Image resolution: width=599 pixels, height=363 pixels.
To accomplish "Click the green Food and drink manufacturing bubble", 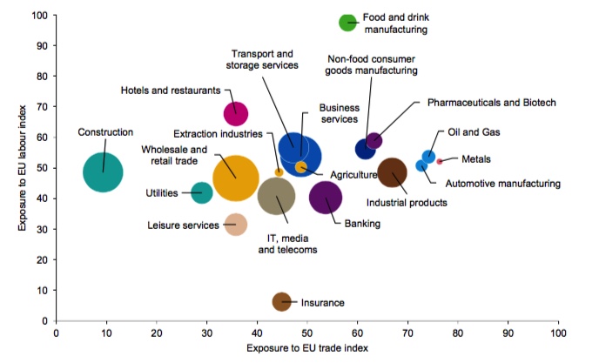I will point(348,24).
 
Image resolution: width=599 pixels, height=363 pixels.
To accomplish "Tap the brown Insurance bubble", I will point(282,301).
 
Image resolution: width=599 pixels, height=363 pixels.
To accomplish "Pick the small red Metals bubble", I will point(440,161).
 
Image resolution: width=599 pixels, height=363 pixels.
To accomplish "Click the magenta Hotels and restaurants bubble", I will point(236,114).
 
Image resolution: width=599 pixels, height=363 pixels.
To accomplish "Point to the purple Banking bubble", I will point(326,198).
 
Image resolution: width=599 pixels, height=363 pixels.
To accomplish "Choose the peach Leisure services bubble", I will point(235,225).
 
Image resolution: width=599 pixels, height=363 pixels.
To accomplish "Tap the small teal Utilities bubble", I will point(202,192).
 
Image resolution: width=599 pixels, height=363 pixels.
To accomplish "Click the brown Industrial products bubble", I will point(393,172).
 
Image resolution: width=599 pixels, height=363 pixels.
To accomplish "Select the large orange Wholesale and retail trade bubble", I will point(236,179).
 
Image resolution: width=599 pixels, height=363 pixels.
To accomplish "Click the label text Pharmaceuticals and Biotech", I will point(491,103).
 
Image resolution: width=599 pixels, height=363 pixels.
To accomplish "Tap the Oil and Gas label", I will point(472,132).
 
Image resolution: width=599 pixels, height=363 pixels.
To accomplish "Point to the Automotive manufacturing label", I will point(502,184).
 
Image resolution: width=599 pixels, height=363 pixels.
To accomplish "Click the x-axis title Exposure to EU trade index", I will point(306,348).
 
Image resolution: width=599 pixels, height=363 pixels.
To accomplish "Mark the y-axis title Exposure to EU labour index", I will point(22,168).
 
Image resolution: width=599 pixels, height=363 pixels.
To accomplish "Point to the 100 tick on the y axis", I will point(40,16).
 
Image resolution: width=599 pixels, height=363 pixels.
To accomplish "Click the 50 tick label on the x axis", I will point(307,332).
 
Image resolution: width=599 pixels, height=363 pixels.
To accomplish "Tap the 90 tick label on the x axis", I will point(508,332).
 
